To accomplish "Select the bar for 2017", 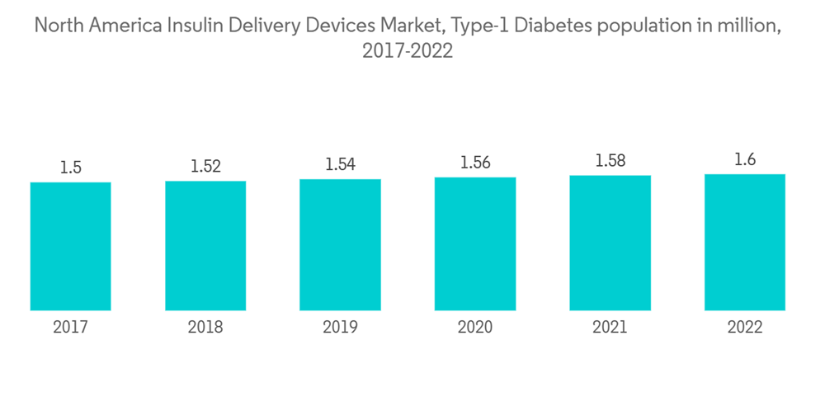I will click(x=70, y=246).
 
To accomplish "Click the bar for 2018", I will click(x=205, y=245).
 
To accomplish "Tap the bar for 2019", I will click(x=340, y=244).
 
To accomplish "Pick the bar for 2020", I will click(x=475, y=243).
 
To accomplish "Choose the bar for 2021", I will click(x=610, y=243).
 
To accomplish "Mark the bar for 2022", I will click(x=745, y=242).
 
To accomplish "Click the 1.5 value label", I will click(x=70, y=168).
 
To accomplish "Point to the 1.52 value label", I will click(x=205, y=166).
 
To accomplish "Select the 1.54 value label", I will click(x=340, y=164).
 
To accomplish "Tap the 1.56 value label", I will click(x=475, y=163).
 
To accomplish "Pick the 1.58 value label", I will click(x=610, y=161).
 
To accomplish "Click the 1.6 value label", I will click(x=745, y=160).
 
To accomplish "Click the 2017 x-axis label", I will click(x=70, y=328).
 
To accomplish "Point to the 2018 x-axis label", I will click(x=205, y=328).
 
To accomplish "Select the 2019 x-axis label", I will click(x=340, y=328).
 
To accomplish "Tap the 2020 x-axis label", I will click(x=475, y=328).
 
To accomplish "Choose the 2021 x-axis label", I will click(x=610, y=328).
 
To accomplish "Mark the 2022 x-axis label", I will click(x=745, y=328).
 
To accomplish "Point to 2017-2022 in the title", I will click(x=408, y=51).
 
